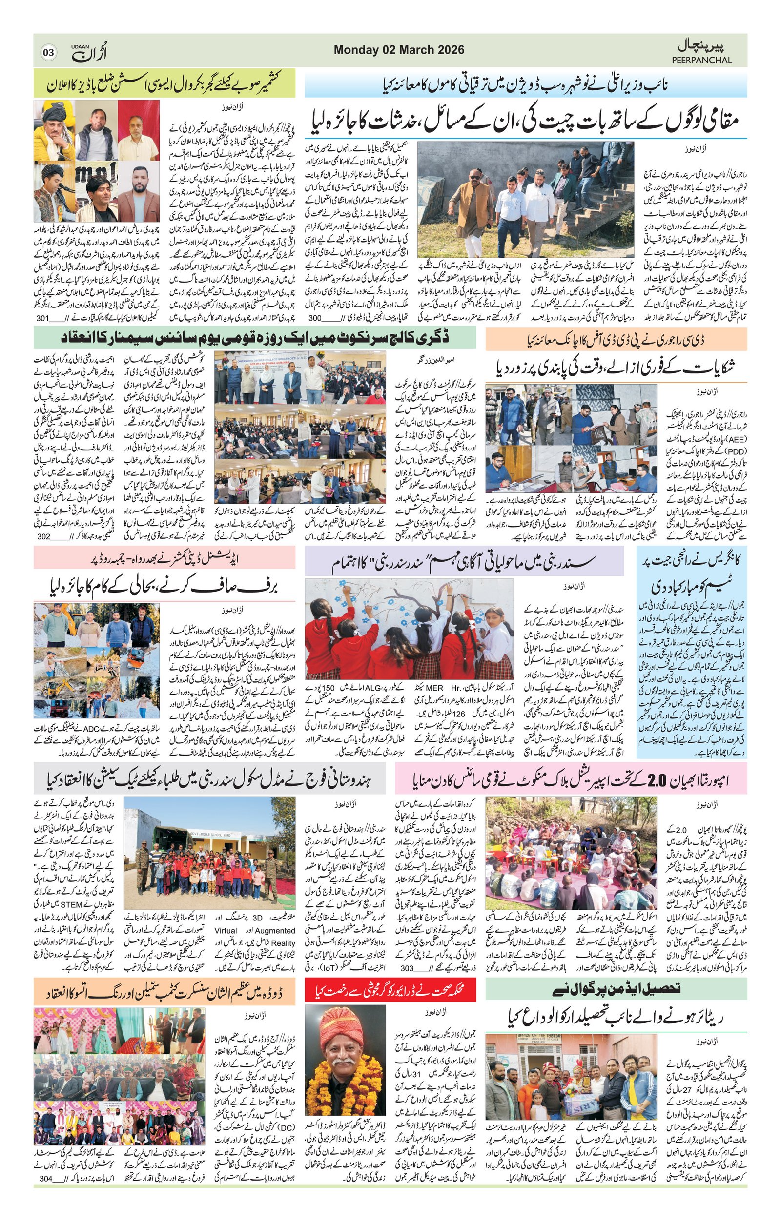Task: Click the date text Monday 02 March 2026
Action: (x=399, y=50)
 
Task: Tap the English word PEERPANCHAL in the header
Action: (x=701, y=60)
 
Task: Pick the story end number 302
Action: (x=44, y=536)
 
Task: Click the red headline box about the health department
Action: (x=391, y=990)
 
